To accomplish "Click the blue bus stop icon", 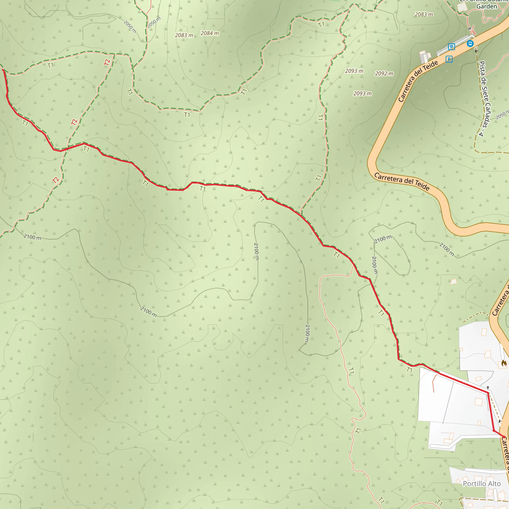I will [470, 43].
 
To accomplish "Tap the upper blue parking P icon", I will [452, 47].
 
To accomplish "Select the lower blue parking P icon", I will [449, 59].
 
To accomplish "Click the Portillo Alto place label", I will [482, 484].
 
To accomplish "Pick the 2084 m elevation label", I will [210, 33].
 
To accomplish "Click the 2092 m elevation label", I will [384, 74].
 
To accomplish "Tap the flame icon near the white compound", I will [504, 364].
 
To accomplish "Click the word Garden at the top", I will [486, 6].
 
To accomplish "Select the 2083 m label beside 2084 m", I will [184, 35].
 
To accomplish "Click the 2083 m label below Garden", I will [424, 14].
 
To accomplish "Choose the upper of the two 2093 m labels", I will [354, 71].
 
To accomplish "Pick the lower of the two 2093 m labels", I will [362, 93].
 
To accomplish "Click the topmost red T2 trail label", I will [107, 62].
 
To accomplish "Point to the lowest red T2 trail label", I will [56, 180].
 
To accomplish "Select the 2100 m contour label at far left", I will [32, 237].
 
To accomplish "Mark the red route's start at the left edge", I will [3, 70].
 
